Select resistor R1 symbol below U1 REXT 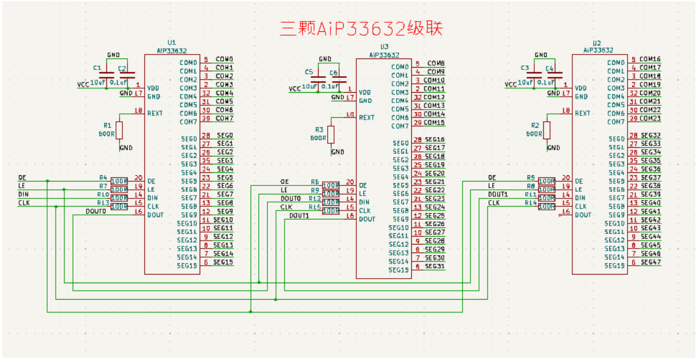[119, 130]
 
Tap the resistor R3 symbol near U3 [331, 135]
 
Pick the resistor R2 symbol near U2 [547, 130]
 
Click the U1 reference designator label [172, 43]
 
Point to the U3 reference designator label [384, 47]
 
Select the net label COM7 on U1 [224, 118]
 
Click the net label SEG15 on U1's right [224, 262]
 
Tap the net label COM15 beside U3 [434, 122]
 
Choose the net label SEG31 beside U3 [435, 266]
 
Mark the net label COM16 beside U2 [650, 59]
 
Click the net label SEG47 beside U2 [651, 262]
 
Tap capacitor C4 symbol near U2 [555, 74]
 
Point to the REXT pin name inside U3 [367, 118]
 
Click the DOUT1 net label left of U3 [299, 216]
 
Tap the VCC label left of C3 [512, 84]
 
